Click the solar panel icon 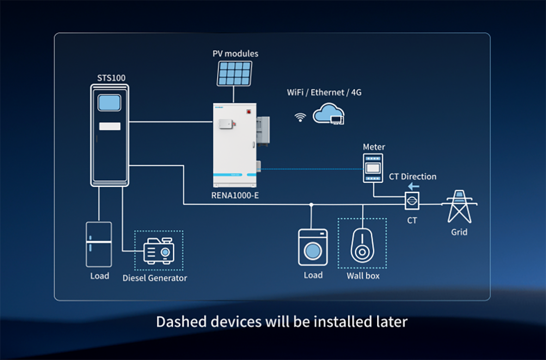(x=235, y=73)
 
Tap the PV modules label (x=235, y=54)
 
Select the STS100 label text (x=111, y=78)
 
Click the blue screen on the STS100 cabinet (x=110, y=102)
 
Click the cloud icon (x=328, y=114)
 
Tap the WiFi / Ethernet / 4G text (x=324, y=93)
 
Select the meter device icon (x=374, y=167)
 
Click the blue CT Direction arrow (x=413, y=186)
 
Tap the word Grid (x=459, y=232)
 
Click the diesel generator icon (x=159, y=251)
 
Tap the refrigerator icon (x=99, y=244)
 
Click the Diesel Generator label (x=155, y=278)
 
